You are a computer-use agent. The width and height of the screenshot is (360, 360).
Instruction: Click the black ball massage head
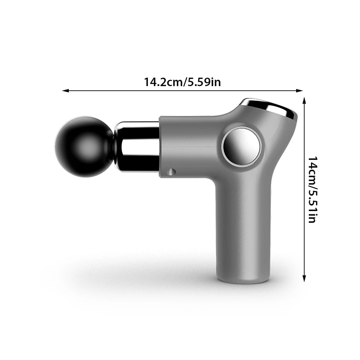(x=80, y=146)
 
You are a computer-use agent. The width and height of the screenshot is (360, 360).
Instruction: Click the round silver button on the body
(x=241, y=146)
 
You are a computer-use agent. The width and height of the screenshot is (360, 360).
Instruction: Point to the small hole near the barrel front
(x=172, y=172)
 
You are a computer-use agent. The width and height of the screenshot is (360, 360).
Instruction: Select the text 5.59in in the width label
(x=203, y=82)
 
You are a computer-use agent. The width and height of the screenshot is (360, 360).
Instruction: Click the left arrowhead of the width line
(x=65, y=91)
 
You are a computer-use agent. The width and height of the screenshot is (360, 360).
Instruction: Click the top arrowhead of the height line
(x=304, y=100)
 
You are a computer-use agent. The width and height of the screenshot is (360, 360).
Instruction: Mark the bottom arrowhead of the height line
(x=304, y=280)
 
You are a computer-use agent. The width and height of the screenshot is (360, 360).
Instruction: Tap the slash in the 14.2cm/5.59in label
(x=183, y=82)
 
